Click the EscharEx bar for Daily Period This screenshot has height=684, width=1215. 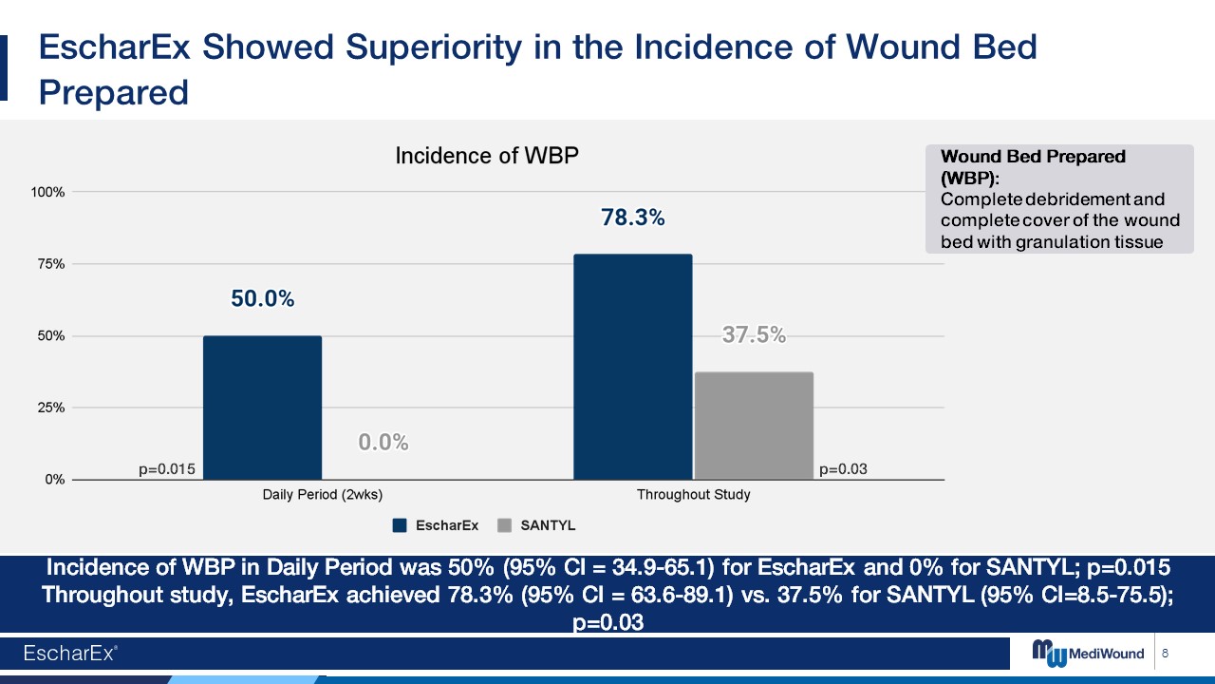pyautogui.click(x=262, y=408)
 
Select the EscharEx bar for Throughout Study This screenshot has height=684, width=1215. pyautogui.click(x=632, y=367)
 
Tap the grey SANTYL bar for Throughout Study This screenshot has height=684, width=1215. pyautogui.click(x=754, y=426)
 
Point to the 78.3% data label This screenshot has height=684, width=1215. pyautogui.click(x=632, y=218)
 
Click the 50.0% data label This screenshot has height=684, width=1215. pyautogui.click(x=262, y=299)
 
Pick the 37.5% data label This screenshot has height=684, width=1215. pyautogui.click(x=754, y=334)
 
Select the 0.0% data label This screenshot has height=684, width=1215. pyautogui.click(x=383, y=442)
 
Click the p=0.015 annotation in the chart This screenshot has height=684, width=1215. pyautogui.click(x=167, y=469)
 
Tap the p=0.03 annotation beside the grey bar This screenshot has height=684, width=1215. pyautogui.click(x=843, y=469)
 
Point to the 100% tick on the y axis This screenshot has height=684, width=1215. pyautogui.click(x=47, y=192)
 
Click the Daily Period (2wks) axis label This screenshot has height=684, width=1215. pyautogui.click(x=322, y=495)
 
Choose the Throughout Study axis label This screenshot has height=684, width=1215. pyautogui.click(x=693, y=495)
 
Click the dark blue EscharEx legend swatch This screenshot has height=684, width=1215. pyautogui.click(x=400, y=525)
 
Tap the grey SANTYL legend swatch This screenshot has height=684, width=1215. pyautogui.click(x=504, y=525)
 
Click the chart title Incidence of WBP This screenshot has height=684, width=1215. pyautogui.click(x=486, y=156)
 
